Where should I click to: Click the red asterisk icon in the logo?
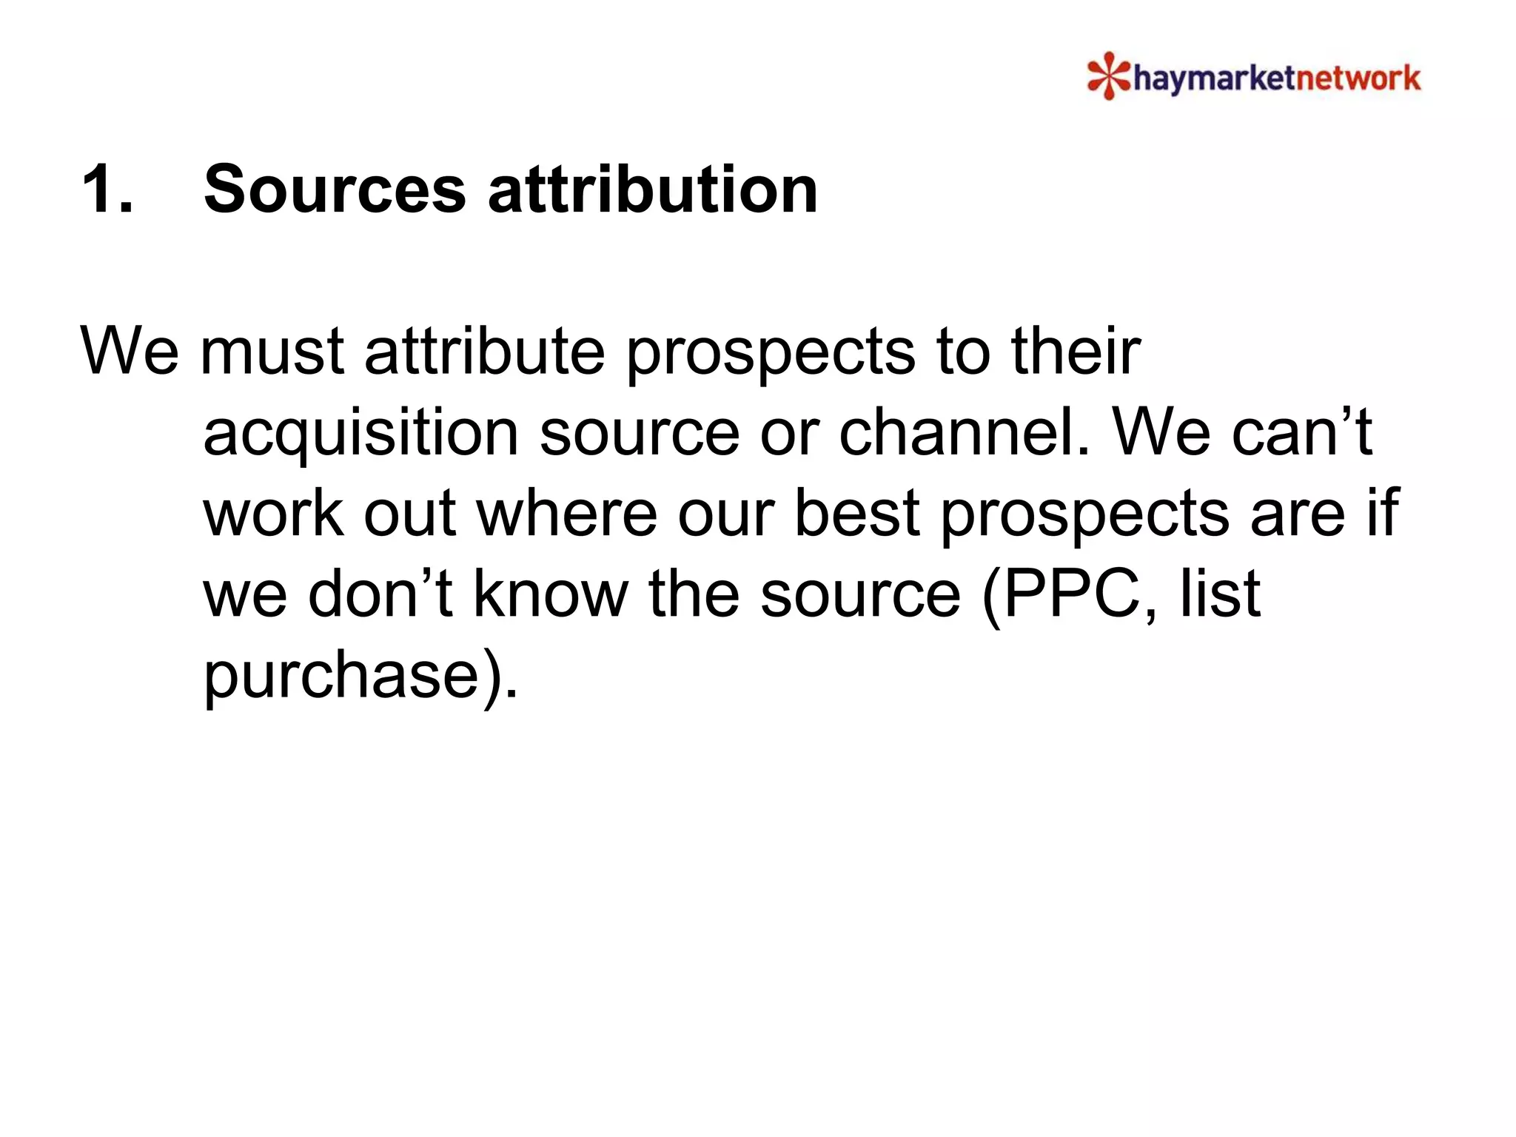tap(1108, 76)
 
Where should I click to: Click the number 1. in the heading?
tap(108, 189)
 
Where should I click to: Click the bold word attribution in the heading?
tap(652, 189)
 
